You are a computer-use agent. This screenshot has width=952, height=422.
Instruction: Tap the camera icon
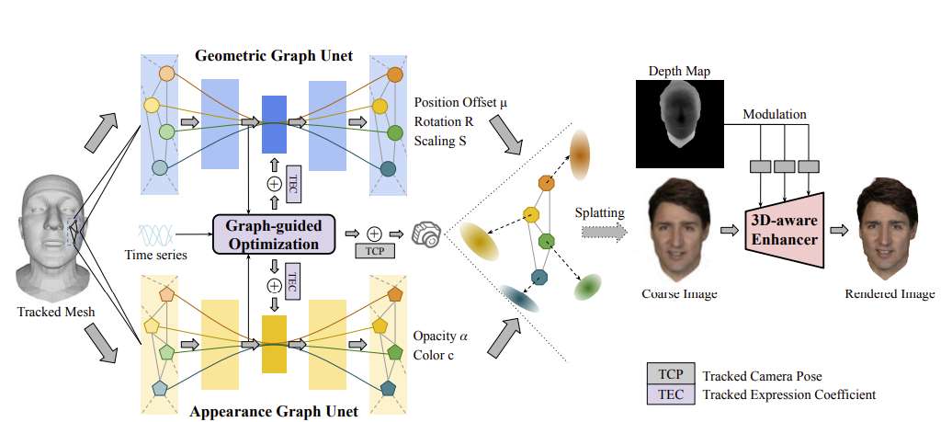point(426,233)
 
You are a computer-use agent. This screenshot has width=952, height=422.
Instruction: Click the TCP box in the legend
point(671,375)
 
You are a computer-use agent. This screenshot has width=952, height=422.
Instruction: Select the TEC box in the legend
point(671,394)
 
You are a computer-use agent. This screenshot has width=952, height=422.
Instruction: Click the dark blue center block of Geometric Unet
point(275,124)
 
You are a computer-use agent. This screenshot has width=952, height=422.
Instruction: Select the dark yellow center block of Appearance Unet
point(274,344)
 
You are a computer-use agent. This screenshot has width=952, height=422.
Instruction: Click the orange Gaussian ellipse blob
point(581,154)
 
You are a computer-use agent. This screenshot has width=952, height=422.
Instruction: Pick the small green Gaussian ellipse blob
point(586,288)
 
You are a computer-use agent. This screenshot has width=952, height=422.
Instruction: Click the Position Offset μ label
point(460,102)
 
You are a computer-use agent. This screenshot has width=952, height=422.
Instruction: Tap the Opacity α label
point(440,335)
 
